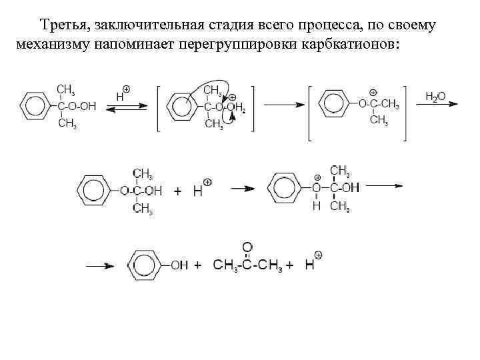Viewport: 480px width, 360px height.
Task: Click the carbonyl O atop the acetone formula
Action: tap(246, 247)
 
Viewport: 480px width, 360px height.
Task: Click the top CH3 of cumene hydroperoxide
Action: tap(65, 89)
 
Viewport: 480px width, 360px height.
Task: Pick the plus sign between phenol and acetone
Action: tap(198, 265)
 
